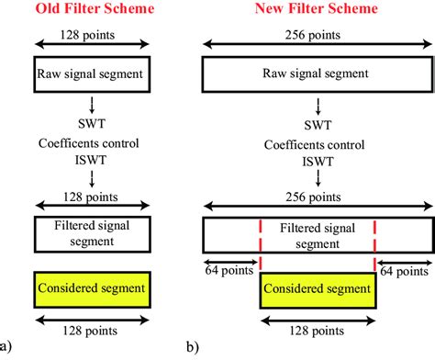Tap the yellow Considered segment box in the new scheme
pos(318,288)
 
